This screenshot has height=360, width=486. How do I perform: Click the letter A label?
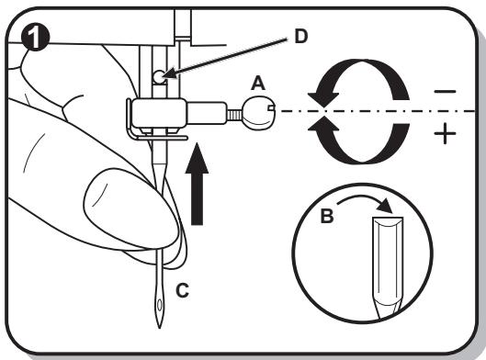(x=258, y=84)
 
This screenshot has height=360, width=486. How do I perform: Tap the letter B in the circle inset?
(x=327, y=216)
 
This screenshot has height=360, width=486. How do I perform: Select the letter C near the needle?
(x=182, y=290)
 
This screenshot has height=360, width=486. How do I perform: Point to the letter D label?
(x=300, y=37)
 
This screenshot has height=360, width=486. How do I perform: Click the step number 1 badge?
(x=35, y=38)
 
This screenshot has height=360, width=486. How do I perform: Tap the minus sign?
(x=445, y=92)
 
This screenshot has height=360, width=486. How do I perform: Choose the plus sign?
(x=445, y=133)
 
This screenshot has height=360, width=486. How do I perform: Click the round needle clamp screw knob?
(x=260, y=113)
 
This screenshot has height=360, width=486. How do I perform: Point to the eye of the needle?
(x=160, y=305)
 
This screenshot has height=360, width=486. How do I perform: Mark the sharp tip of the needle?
(x=160, y=328)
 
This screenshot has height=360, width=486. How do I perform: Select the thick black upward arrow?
(x=197, y=184)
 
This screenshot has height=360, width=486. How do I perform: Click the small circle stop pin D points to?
(x=159, y=76)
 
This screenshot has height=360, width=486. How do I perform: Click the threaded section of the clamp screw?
(x=235, y=116)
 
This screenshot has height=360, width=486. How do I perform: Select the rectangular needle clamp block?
(x=159, y=112)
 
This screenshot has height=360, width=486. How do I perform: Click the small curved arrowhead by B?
(x=386, y=206)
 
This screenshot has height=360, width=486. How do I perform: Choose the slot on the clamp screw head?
(x=272, y=107)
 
